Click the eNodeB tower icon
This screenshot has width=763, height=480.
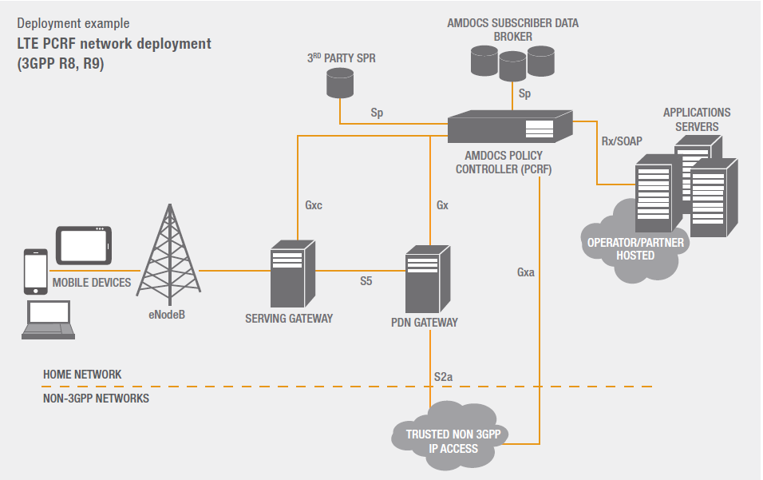click(x=168, y=253)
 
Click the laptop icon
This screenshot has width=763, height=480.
click(x=49, y=320)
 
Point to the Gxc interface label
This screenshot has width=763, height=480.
click(x=314, y=205)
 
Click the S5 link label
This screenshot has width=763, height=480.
click(x=365, y=281)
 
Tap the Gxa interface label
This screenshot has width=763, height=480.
click(x=525, y=272)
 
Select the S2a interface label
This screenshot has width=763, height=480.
click(x=444, y=376)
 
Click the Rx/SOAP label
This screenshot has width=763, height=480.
click(x=622, y=141)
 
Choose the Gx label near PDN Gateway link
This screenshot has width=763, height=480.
click(x=442, y=205)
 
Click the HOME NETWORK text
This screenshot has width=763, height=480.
click(x=82, y=375)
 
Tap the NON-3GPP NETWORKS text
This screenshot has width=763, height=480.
click(x=96, y=398)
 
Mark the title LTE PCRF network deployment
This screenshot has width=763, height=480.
click(x=114, y=44)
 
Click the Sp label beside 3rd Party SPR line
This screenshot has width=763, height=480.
click(x=377, y=113)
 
